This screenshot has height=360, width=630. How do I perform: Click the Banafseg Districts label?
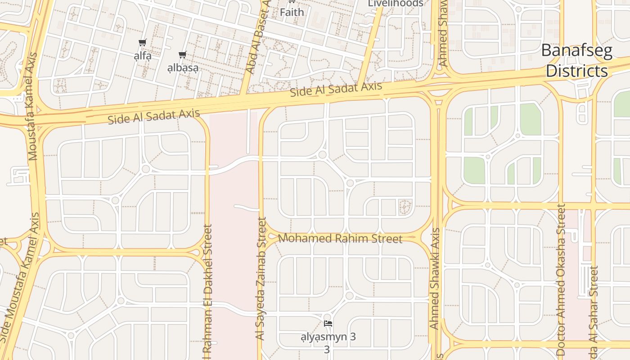(x=576, y=61)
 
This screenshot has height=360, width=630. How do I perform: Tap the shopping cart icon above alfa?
(x=143, y=43)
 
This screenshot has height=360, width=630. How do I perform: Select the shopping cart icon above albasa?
(x=182, y=55)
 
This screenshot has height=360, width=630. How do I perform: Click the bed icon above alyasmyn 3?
(x=328, y=324)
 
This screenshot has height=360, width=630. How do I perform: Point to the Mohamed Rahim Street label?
(x=340, y=238)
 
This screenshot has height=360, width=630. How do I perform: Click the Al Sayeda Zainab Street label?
(x=261, y=279)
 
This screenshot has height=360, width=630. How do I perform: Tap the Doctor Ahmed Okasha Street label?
(x=561, y=281)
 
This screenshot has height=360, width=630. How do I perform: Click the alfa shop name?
(x=143, y=56)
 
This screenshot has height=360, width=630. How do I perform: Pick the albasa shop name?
(x=183, y=68)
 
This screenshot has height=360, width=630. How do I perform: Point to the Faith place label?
(x=292, y=12)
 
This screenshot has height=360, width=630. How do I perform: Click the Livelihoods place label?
(x=396, y=4)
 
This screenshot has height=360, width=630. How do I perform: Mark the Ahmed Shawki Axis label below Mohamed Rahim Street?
(x=435, y=279)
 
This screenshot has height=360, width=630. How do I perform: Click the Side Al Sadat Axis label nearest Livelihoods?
(x=336, y=90)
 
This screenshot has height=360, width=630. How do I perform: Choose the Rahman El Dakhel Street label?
(x=207, y=292)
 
